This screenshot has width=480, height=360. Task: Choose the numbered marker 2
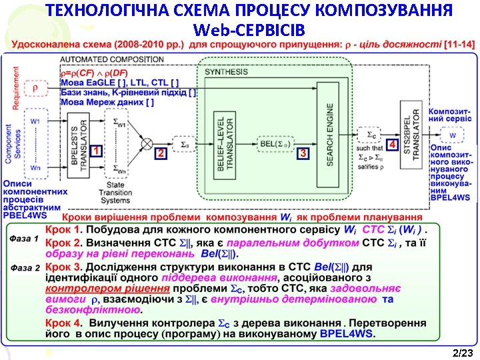pyautogui.click(x=160, y=153)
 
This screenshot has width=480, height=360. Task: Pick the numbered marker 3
pyautogui.click(x=304, y=153)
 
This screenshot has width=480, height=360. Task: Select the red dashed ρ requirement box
pyautogui.click(x=35, y=88)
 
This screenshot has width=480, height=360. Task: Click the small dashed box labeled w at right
pyautogui.click(x=453, y=136)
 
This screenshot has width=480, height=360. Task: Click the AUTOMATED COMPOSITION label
pyautogui.click(x=112, y=59)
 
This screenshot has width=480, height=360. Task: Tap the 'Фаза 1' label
pyautogui.click(x=25, y=238)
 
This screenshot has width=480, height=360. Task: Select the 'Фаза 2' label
pyautogui.click(x=25, y=267)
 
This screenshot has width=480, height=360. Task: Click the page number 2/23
pyautogui.click(x=461, y=352)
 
